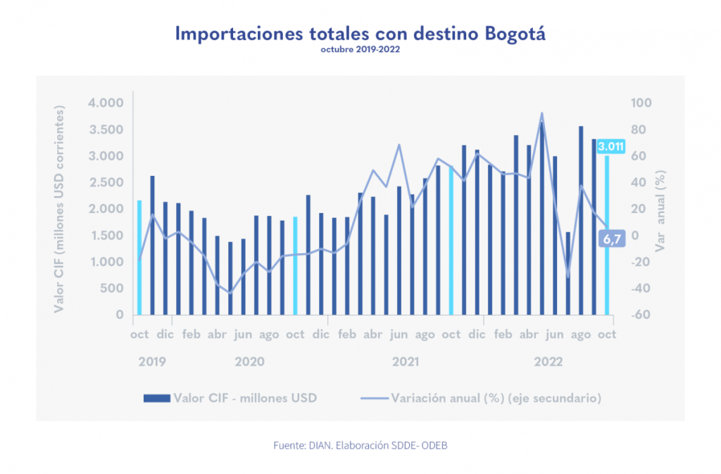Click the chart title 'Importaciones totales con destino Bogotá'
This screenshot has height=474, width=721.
pos(360,33)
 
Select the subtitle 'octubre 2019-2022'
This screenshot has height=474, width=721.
pos(360,50)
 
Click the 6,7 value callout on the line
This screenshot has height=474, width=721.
pos(611,239)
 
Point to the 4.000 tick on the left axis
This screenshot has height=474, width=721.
pos(106,103)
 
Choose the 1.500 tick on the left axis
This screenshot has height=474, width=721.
pos(106,236)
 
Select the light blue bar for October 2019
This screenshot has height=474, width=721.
pos(139,257)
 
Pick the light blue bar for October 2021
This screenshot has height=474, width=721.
pos(451,241)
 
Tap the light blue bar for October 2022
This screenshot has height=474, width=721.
pos(607,236)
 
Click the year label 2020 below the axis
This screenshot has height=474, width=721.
pos(249,361)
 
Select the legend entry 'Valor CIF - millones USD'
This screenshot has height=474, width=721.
pos(230,398)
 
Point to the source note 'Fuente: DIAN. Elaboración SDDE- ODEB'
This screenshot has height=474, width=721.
pos(360,446)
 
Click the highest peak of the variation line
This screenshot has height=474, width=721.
pos(541,113)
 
